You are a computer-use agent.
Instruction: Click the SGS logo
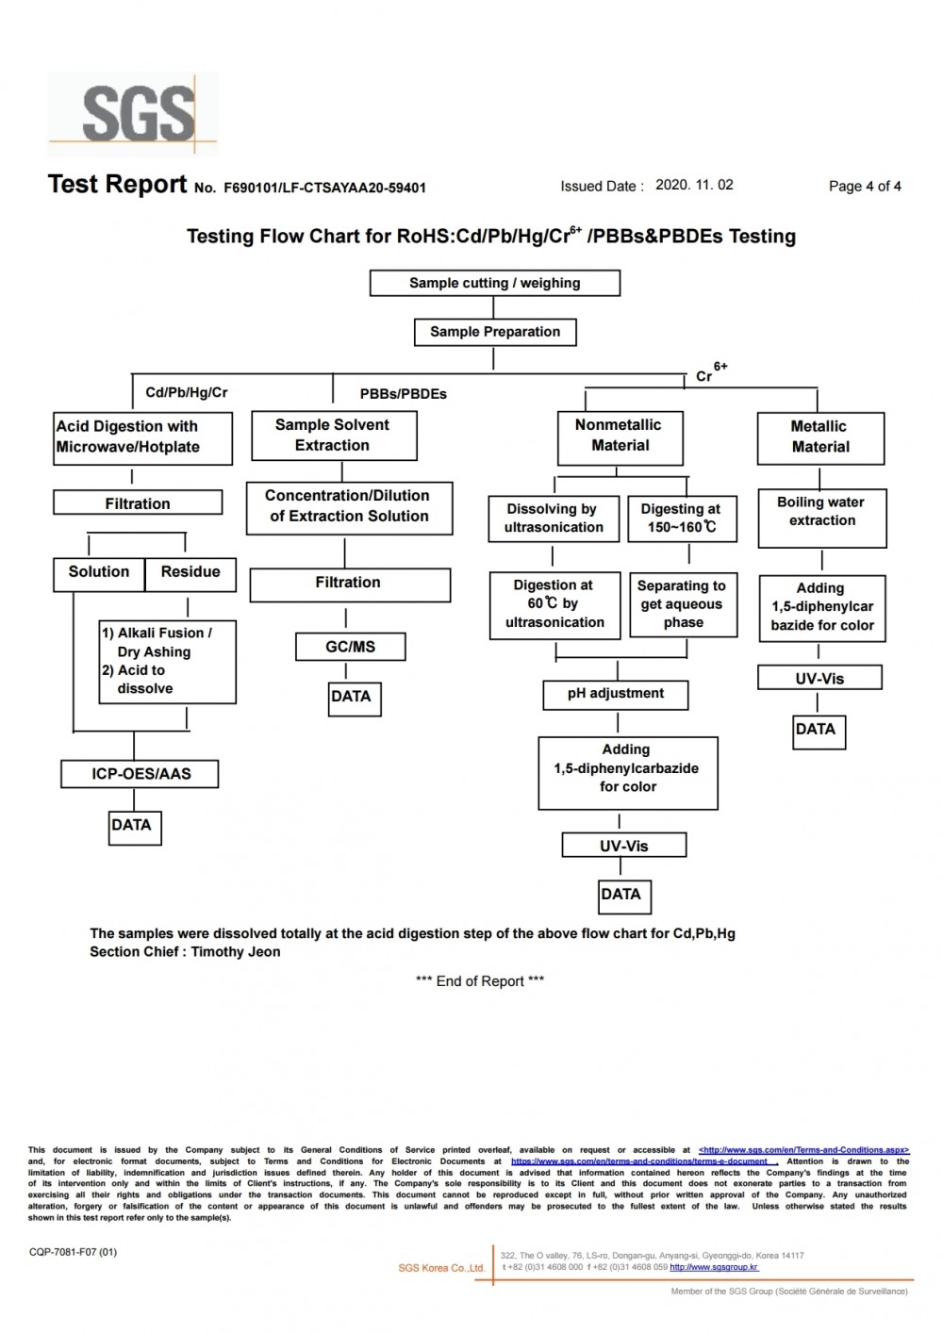click(133, 114)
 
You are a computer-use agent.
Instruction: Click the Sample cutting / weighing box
click(495, 283)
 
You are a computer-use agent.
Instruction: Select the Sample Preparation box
click(495, 332)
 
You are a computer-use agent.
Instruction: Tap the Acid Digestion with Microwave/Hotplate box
click(143, 438)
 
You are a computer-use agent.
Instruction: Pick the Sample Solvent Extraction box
click(334, 436)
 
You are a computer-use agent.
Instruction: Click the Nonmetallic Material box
click(620, 438)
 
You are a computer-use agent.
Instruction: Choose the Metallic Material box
click(821, 438)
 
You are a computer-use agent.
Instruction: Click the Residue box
click(190, 574)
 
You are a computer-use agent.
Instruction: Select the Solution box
click(99, 574)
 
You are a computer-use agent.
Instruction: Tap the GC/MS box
click(351, 647)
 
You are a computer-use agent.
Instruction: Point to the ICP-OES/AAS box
click(140, 774)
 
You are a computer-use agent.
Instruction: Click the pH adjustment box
click(616, 695)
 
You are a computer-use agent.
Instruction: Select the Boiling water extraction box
click(822, 518)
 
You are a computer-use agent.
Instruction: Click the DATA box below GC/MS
click(355, 699)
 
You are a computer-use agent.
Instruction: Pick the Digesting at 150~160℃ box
click(682, 518)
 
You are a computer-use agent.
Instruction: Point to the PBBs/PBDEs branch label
click(403, 394)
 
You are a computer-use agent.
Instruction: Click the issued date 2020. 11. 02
click(694, 185)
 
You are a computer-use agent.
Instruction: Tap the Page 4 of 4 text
click(865, 187)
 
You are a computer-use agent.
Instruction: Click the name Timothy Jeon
click(236, 951)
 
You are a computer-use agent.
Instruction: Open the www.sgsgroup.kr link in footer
click(714, 1267)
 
